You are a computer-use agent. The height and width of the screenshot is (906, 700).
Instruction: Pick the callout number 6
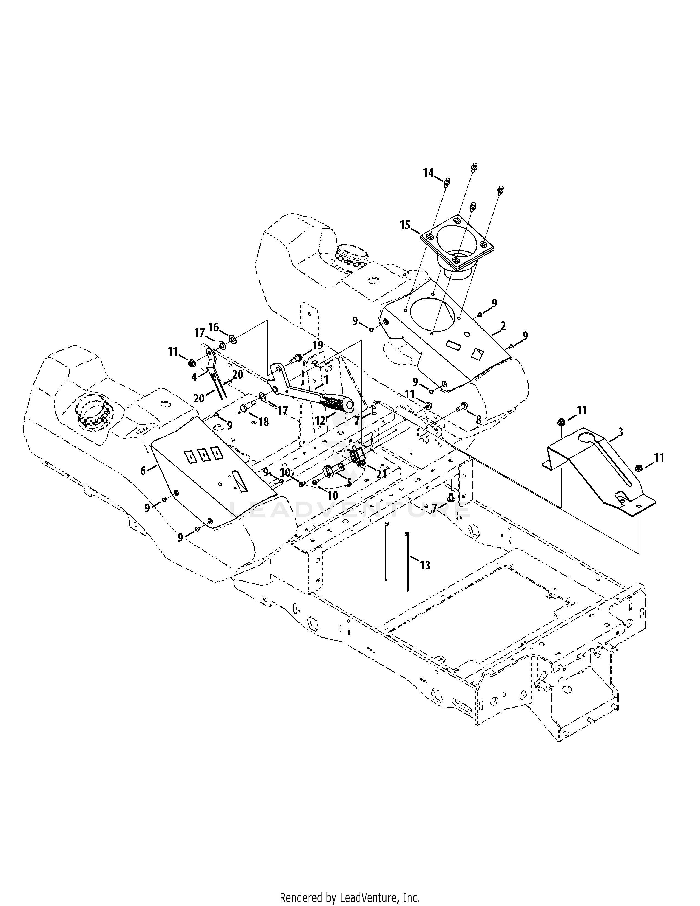coord(143,470)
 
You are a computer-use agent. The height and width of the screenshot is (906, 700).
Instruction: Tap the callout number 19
coord(317,345)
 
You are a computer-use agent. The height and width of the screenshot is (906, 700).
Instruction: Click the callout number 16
coord(213,327)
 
